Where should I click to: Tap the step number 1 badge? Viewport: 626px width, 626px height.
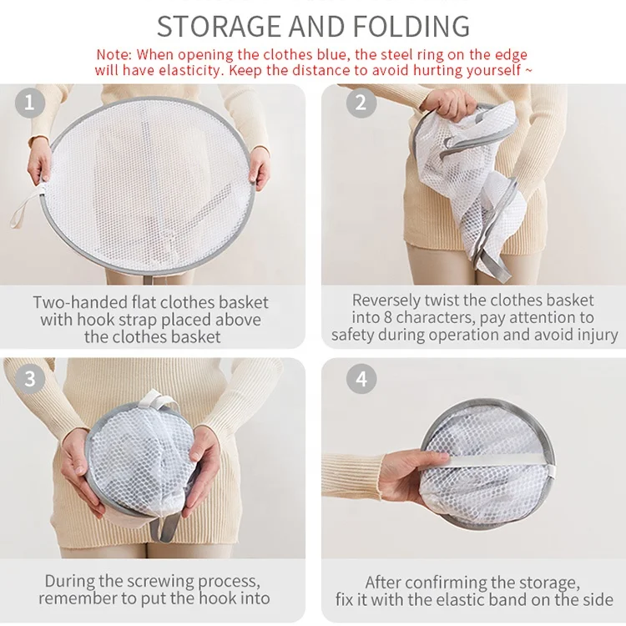pyautogui.click(x=30, y=103)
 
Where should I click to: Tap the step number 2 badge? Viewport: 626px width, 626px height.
pyautogui.click(x=361, y=103)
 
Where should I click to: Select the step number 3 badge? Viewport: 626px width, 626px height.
pyautogui.click(x=30, y=378)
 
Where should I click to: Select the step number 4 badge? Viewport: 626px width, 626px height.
pyautogui.click(x=361, y=378)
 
